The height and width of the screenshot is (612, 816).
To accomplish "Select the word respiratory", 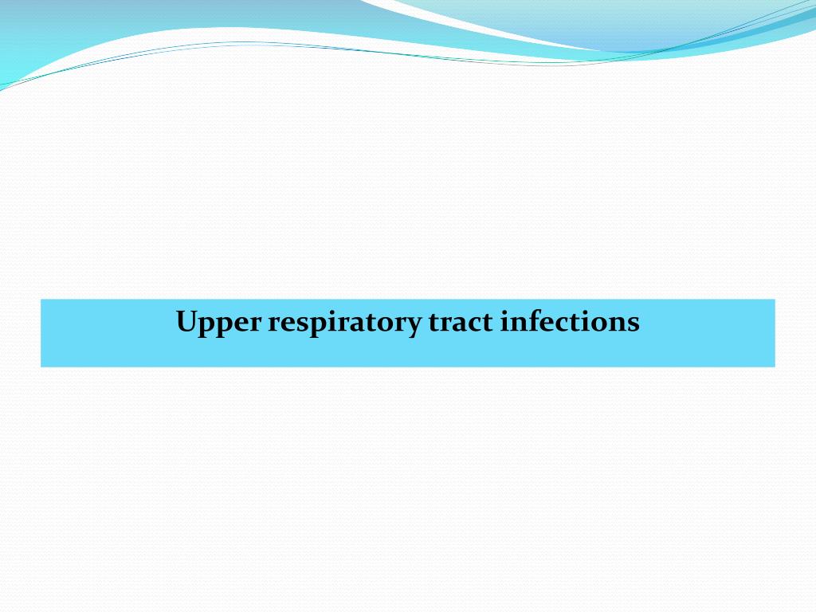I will [x=343, y=323].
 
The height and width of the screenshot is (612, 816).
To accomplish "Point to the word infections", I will [x=570, y=322].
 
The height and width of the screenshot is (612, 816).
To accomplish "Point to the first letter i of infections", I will [x=505, y=322].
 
